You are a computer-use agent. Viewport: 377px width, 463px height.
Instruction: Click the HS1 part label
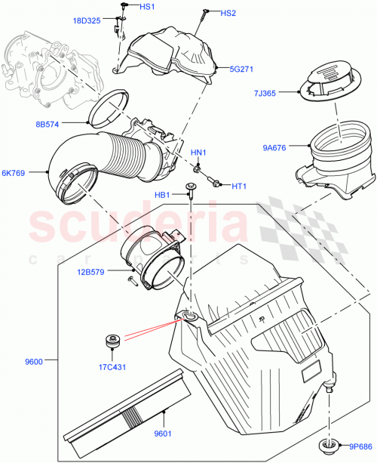click(x=147, y=8)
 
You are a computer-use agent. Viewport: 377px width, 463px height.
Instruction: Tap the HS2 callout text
click(x=228, y=14)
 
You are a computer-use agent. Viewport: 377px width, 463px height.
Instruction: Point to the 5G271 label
click(x=244, y=68)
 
